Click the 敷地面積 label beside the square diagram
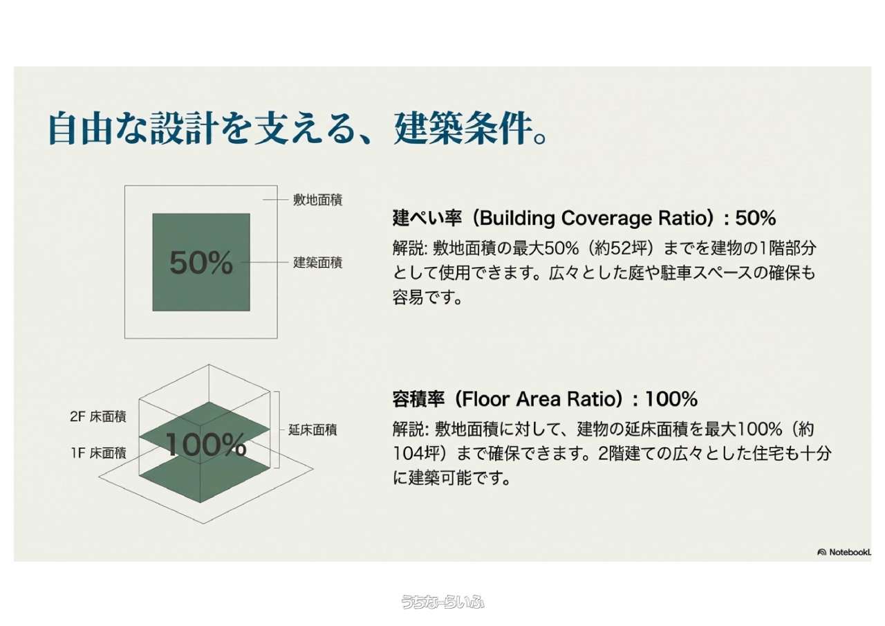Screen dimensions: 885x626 pos(317,200)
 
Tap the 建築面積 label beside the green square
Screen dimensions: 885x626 pos(317,262)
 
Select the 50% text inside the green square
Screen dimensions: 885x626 pos(201,262)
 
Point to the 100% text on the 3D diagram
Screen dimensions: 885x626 pos(206,445)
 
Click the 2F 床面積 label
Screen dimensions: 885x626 pos(98,416)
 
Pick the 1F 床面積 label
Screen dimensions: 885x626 pos(99,453)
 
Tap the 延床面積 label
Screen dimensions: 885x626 pos(313,430)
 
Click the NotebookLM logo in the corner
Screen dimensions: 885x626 pos(844,552)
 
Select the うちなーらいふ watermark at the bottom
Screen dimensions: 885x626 pos(442,602)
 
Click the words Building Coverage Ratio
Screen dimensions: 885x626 pos(596,218)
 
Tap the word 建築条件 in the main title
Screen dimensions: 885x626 pos(463,129)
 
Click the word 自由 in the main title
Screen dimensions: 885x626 pos(81,129)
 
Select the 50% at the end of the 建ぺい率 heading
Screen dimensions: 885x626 pos(756,218)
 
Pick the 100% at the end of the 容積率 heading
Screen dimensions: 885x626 pos(671,399)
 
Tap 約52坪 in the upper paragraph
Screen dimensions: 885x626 pos(621,248)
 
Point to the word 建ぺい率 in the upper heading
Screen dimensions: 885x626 pos(427,218)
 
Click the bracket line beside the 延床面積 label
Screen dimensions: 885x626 pos(279,430)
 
